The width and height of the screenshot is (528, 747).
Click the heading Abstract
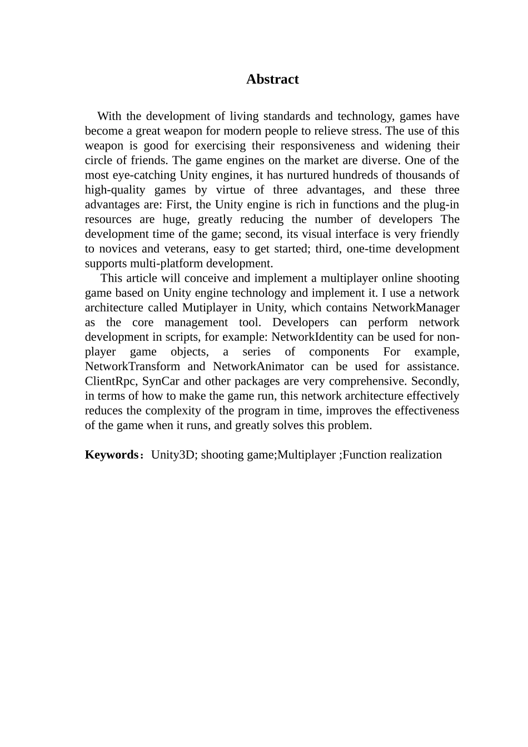(x=272, y=79)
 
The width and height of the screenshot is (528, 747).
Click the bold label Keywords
(x=111, y=455)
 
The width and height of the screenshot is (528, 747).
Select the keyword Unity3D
(x=173, y=455)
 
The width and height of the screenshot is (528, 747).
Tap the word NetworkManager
(x=416, y=308)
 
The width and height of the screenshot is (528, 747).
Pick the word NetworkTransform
(x=132, y=367)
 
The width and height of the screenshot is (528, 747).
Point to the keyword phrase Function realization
(x=392, y=455)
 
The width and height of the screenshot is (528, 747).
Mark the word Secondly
(x=435, y=381)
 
